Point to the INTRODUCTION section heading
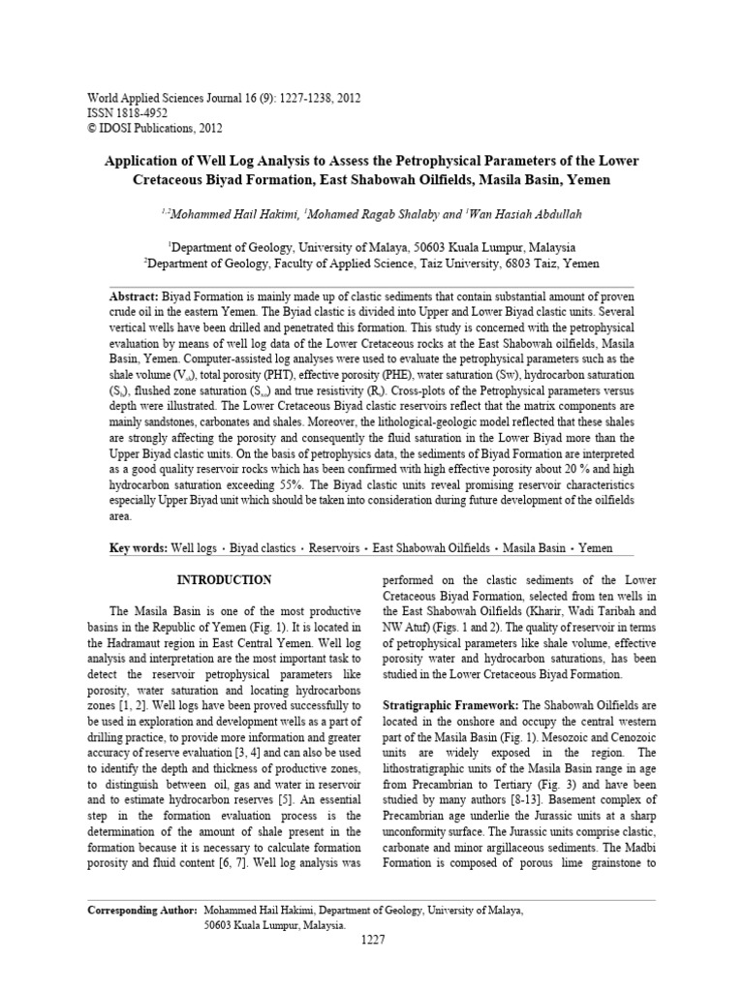[223, 579]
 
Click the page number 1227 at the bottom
[372, 940]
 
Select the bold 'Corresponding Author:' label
[141, 912]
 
